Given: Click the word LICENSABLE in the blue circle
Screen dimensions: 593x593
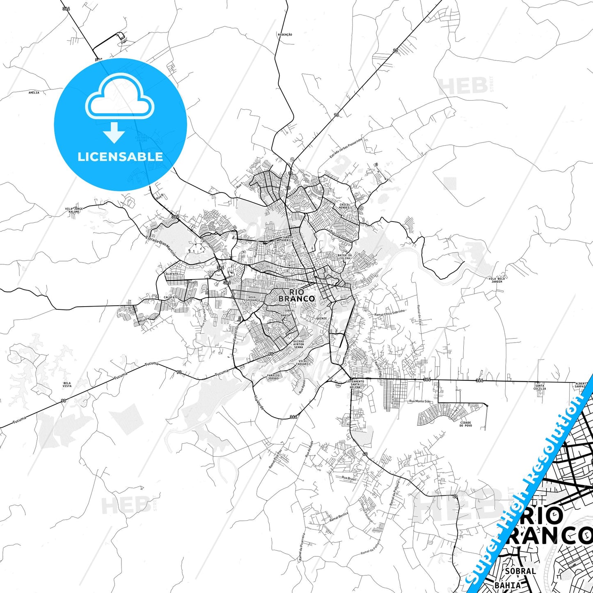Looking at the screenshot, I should [120, 156].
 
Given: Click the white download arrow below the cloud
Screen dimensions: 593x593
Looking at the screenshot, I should [114, 133].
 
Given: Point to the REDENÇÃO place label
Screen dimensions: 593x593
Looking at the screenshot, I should [285, 35].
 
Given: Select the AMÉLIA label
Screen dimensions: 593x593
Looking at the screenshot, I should [34, 93].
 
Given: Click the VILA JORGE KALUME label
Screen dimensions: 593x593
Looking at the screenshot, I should [74, 210].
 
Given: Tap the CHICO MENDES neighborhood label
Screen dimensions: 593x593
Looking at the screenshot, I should [344, 206].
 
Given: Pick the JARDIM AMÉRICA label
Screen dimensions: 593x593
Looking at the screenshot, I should [287, 239].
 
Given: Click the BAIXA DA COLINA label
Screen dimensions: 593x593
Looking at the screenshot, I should [344, 256].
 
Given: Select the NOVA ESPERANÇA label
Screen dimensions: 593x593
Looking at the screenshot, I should [252, 299].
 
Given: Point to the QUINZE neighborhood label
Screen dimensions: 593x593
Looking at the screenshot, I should [322, 318].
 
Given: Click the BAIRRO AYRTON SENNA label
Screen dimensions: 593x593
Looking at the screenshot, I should [298, 344].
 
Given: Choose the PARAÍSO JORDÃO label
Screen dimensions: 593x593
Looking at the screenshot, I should [273, 376].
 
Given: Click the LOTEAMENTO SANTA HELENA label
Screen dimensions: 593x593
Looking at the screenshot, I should [355, 384].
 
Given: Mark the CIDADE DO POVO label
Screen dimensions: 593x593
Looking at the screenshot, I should [465, 424].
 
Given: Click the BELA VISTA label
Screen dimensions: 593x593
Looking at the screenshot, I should [67, 385].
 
